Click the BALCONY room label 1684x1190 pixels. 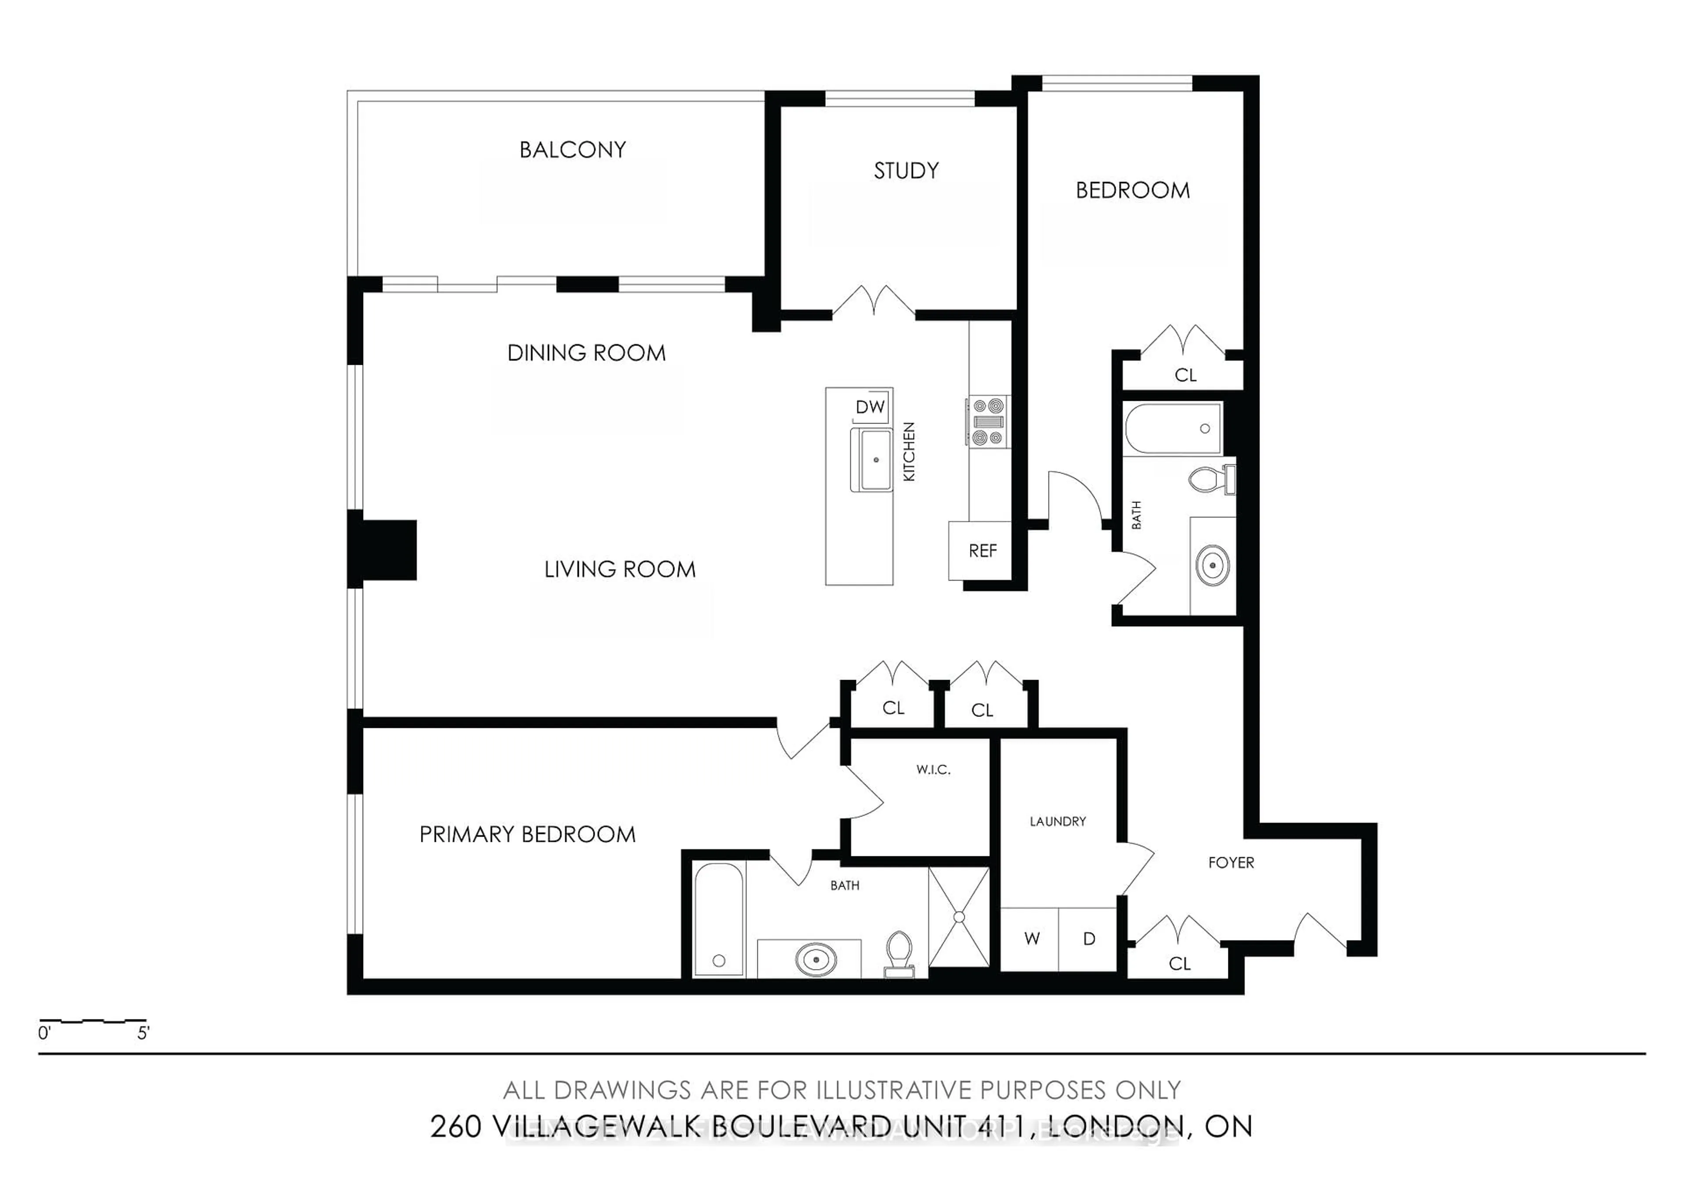pos(572,150)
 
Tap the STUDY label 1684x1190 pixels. pos(906,171)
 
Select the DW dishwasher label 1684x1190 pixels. pos(870,407)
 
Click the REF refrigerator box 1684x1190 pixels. pos(981,551)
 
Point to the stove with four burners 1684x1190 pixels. pos(987,422)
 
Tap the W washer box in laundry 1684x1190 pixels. pos(1031,938)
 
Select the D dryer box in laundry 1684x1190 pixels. pos(1088,938)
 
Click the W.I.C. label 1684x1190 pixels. pos(933,769)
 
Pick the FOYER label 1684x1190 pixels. pos(1231,863)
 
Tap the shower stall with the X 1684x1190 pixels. pos(959,916)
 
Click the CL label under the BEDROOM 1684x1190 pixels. pos(1185,375)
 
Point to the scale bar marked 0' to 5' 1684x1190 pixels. pos(93,1021)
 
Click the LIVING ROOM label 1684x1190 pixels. pos(620,570)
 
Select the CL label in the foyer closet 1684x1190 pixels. pos(1179,963)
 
